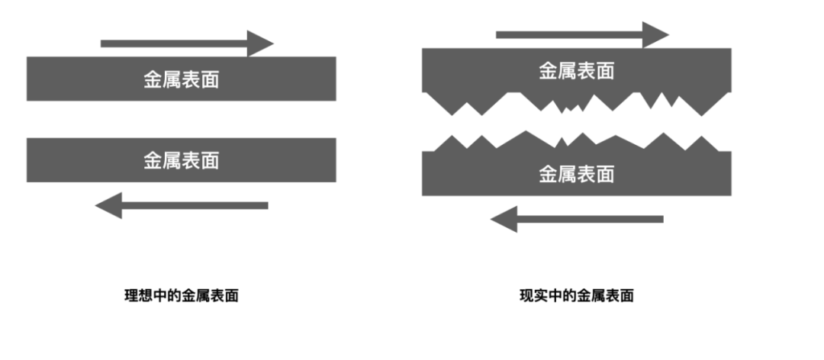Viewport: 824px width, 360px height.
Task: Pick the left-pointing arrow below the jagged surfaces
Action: [578, 220]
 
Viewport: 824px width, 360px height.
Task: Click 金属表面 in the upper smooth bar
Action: [182, 79]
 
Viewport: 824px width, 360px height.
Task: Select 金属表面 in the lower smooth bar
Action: [182, 160]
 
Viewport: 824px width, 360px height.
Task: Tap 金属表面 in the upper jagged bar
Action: [577, 71]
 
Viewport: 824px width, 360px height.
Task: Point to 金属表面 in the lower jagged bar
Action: [577, 174]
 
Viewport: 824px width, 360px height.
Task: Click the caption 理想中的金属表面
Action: [182, 296]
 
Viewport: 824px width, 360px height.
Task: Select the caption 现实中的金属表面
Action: [577, 296]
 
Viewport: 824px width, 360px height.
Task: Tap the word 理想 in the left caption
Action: [136, 296]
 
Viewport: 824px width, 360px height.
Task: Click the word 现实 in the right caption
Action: [531, 296]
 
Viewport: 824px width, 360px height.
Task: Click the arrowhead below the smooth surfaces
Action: [109, 205]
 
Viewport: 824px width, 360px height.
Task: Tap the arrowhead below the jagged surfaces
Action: [504, 220]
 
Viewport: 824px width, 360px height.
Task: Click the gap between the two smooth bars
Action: [182, 119]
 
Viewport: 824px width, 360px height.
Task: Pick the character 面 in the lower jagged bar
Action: [605, 174]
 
